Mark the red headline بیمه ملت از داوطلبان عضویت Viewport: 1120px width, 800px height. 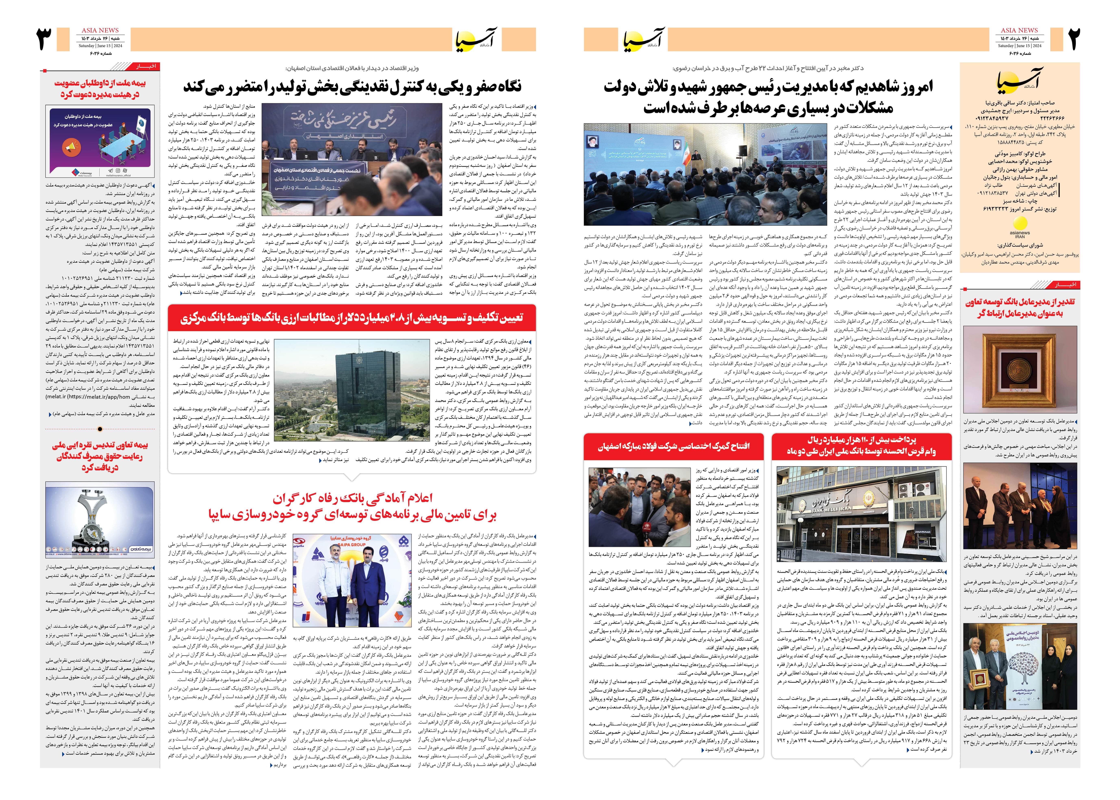pos(100,89)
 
